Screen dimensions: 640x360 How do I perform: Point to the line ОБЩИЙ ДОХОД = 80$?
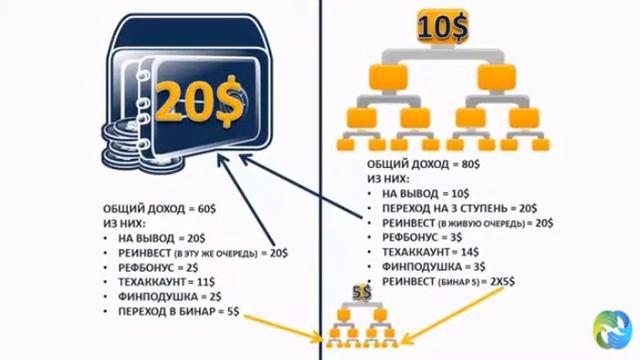tap(415, 162)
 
